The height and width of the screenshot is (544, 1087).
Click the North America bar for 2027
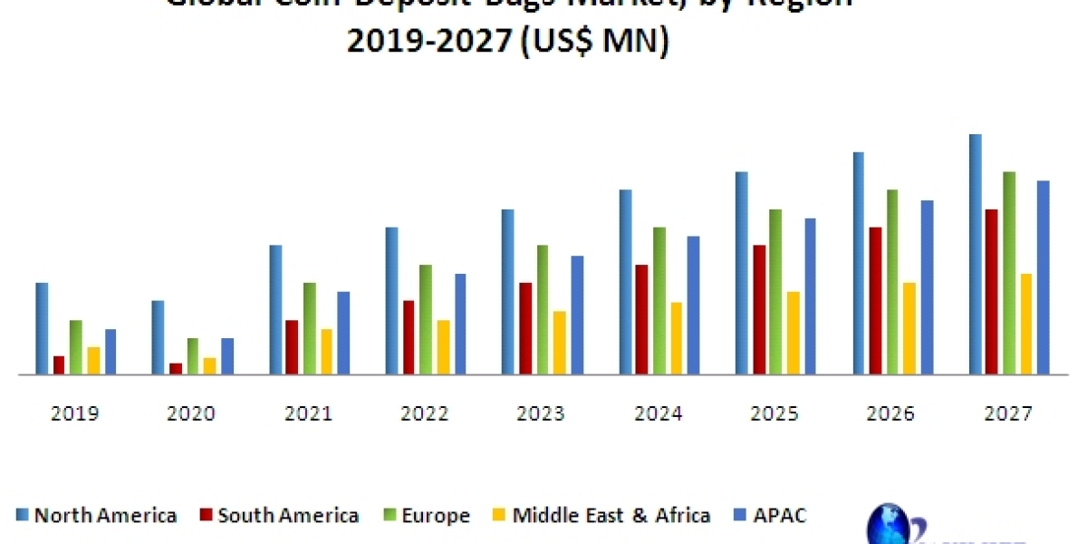976,254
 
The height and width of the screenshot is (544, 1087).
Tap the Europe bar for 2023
543,309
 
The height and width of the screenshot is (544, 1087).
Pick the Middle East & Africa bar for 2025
793,333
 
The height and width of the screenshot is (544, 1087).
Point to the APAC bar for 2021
343,333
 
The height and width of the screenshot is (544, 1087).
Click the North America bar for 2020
158,337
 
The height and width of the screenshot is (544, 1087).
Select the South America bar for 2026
875,300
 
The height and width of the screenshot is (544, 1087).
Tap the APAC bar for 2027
1043,277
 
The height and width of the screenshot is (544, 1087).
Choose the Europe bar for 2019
76,347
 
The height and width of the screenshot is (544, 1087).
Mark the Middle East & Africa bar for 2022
443,347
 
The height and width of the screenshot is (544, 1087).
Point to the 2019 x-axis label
75,413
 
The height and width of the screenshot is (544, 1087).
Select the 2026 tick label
891,413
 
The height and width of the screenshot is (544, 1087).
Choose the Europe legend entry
428,516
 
